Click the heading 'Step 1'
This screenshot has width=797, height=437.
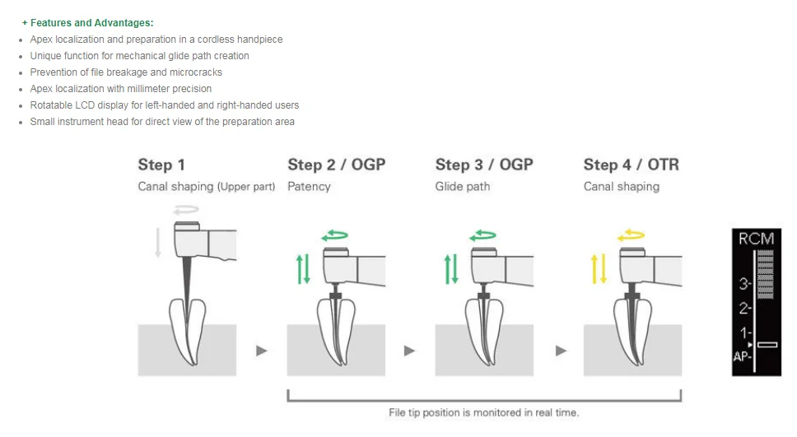tap(161, 165)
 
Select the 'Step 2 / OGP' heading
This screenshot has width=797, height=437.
tap(336, 165)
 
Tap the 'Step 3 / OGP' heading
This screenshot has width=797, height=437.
tap(484, 165)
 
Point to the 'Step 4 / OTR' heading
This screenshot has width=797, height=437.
tap(632, 165)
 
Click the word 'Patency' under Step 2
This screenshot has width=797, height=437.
tap(309, 187)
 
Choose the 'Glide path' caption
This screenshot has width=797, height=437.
tap(463, 187)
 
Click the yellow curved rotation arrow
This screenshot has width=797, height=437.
tap(631, 235)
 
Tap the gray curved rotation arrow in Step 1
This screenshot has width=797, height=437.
tap(186, 211)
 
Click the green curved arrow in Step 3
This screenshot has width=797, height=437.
tap(482, 235)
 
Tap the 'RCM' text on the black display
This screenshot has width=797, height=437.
tap(756, 239)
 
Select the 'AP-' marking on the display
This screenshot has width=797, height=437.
tap(743, 357)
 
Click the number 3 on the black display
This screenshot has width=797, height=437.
tap(743, 284)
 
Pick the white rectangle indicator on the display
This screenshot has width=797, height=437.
tap(767, 344)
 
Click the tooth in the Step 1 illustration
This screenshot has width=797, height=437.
tap(187, 329)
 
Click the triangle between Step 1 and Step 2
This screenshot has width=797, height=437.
tap(262, 351)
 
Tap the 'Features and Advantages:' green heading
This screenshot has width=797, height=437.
tap(88, 23)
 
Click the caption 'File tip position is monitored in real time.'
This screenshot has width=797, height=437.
tap(483, 412)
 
